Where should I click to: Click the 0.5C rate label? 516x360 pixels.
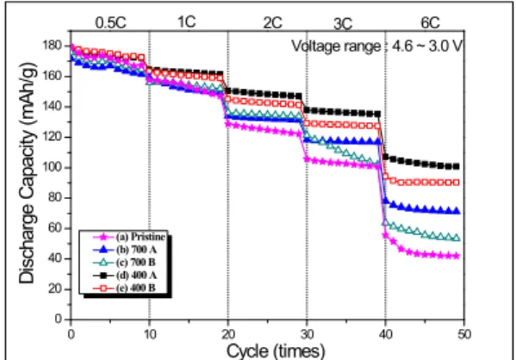click(x=110, y=22)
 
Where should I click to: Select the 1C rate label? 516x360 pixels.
click(x=187, y=22)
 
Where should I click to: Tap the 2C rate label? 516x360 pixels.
click(x=272, y=22)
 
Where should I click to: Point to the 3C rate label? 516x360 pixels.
click(x=343, y=24)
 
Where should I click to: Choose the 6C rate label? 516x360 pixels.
click(x=430, y=22)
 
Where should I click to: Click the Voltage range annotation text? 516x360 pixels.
click(x=376, y=46)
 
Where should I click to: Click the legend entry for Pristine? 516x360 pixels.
click(x=129, y=237)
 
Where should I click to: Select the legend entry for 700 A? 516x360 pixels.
click(x=125, y=250)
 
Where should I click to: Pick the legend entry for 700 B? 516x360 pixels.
click(x=124, y=263)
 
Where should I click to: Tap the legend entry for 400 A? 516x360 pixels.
click(x=125, y=275)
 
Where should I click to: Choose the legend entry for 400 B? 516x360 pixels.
click(x=124, y=288)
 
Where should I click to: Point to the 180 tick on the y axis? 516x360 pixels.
click(x=53, y=46)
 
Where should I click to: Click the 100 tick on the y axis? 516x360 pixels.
click(x=53, y=167)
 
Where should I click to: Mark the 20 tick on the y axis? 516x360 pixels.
click(x=55, y=289)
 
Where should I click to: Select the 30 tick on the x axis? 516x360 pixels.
click(x=307, y=334)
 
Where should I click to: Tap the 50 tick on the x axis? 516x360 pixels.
click(x=464, y=334)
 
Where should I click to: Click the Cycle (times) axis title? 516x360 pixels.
click(x=276, y=351)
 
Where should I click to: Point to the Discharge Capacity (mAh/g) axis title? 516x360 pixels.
click(x=27, y=172)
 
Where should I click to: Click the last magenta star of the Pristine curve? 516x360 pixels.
click(x=456, y=256)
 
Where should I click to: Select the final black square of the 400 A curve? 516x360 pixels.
click(x=456, y=166)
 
